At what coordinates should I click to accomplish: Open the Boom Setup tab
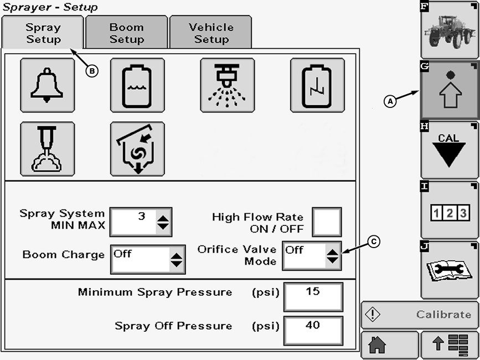127,33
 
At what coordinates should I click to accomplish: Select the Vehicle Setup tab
211,33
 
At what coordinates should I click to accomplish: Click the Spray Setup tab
43,33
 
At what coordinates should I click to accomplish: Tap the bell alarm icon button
47,85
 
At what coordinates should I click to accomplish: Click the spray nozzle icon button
227,85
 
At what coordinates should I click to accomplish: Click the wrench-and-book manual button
449,270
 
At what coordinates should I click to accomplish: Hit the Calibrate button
420,315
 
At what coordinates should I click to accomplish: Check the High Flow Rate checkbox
327,222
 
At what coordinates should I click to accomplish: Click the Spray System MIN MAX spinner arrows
164,223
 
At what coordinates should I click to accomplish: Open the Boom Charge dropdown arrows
177,260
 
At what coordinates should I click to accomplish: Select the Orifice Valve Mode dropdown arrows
332,256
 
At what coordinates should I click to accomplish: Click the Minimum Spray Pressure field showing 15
313,296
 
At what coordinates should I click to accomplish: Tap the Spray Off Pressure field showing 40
313,331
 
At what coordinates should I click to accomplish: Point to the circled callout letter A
390,101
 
